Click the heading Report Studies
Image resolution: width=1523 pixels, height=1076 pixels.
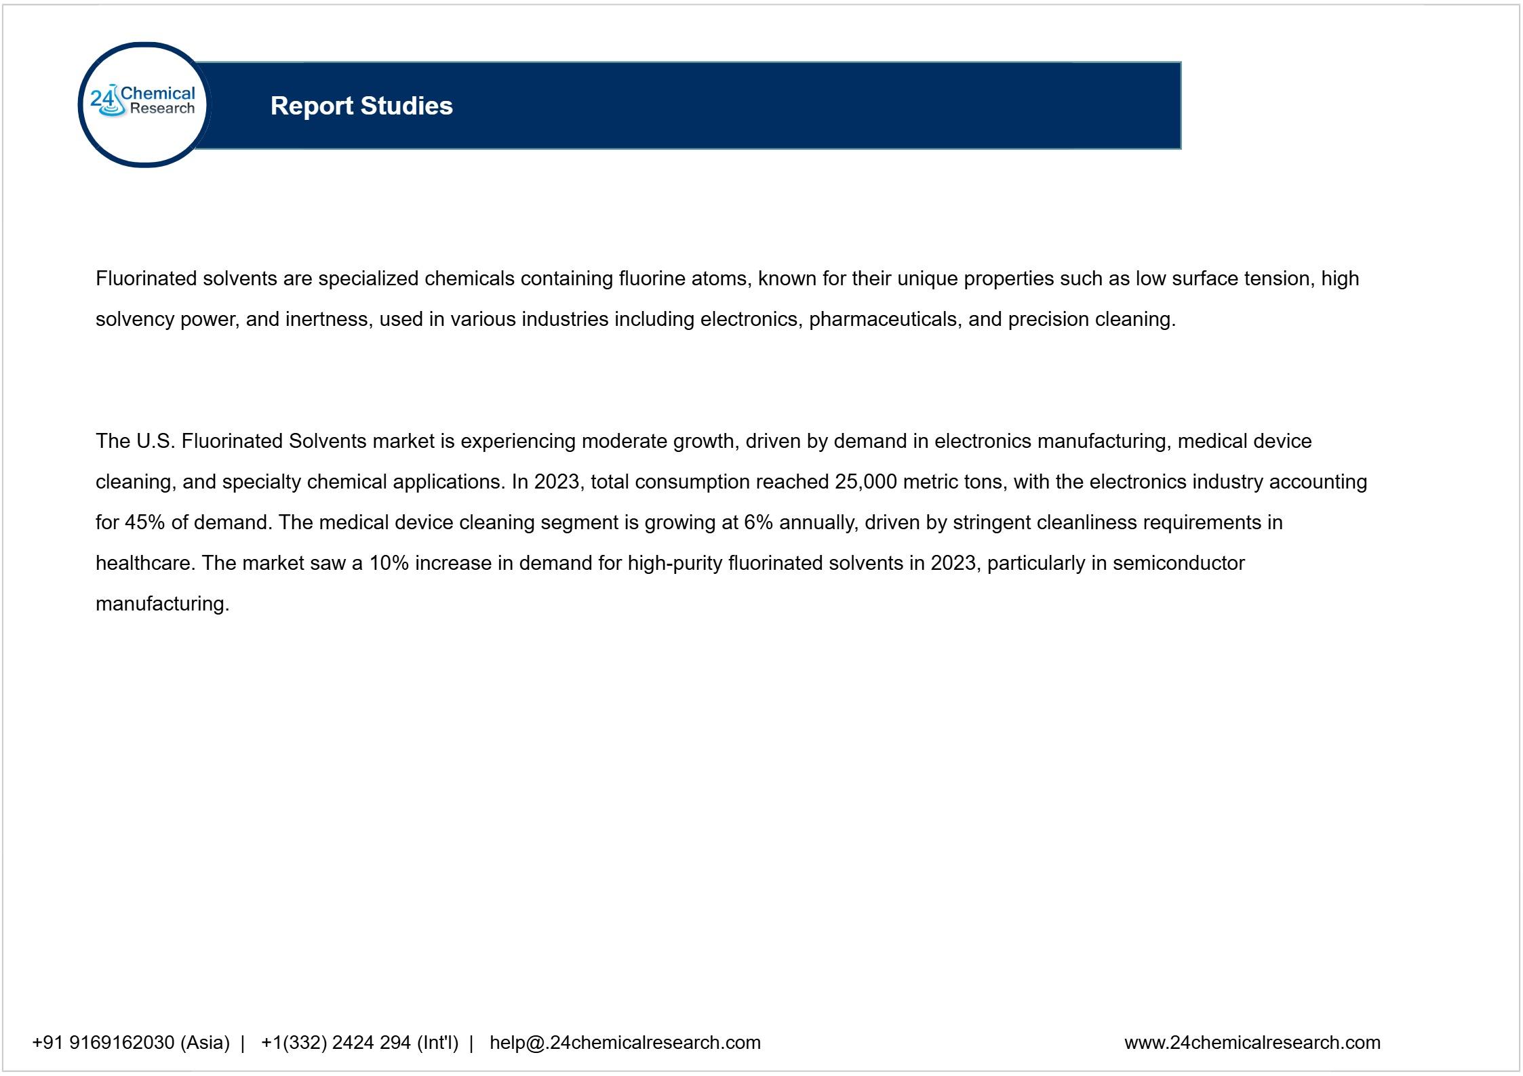coord(361,106)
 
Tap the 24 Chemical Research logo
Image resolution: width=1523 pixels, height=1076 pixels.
coord(144,104)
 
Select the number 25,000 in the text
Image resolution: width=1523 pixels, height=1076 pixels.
coord(866,482)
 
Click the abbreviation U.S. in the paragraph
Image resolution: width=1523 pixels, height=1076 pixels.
coord(155,441)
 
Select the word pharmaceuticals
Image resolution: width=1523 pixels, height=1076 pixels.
coord(885,319)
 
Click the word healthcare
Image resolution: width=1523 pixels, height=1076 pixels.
coord(144,563)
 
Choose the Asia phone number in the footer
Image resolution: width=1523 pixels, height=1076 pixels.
coord(131,1042)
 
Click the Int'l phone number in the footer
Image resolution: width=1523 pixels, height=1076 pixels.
coord(359,1042)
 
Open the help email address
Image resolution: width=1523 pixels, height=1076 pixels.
coord(625,1042)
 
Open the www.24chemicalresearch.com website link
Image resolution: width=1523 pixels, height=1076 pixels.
coord(1252,1042)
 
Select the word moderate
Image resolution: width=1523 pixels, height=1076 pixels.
coord(624,441)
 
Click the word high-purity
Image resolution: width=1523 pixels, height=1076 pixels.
coord(675,563)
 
